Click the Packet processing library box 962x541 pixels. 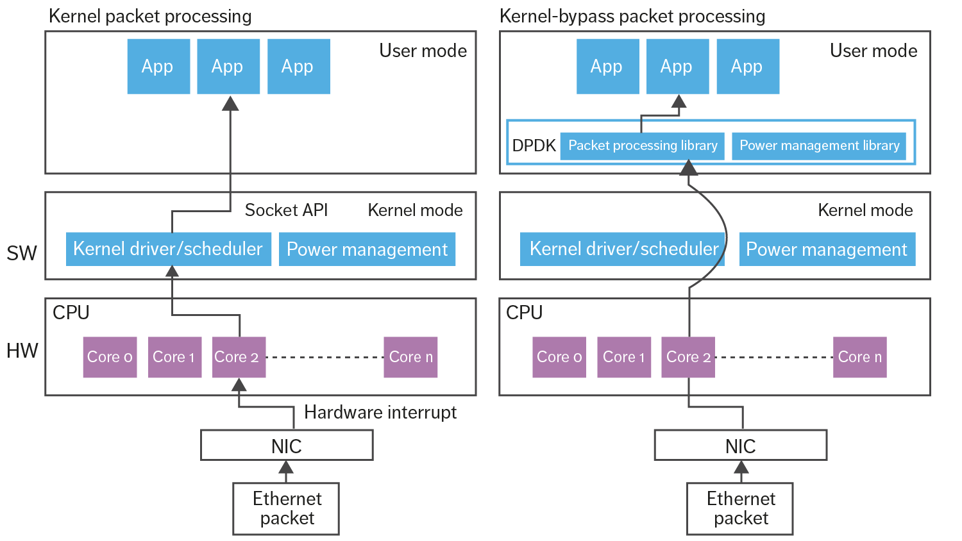point(642,146)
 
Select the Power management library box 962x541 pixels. point(819,146)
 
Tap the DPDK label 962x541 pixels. point(534,146)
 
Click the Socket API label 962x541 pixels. point(286,210)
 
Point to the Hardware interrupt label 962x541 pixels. point(380,412)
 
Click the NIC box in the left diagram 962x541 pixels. point(287,445)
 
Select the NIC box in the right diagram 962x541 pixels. point(740,445)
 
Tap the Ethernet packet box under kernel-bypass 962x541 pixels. point(740,508)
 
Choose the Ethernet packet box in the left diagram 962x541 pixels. point(286,508)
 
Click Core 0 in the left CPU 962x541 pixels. point(110,357)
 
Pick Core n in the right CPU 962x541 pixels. point(859,357)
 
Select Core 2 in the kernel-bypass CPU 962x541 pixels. point(688,357)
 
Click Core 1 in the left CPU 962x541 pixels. point(174,357)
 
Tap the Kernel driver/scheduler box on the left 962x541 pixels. point(168,249)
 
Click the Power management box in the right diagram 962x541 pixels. point(827,249)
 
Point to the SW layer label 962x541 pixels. point(22,253)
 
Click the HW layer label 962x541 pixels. point(22,351)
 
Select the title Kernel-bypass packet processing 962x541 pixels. point(632,16)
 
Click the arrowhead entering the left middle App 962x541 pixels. point(230,103)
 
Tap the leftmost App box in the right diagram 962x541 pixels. point(607,66)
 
